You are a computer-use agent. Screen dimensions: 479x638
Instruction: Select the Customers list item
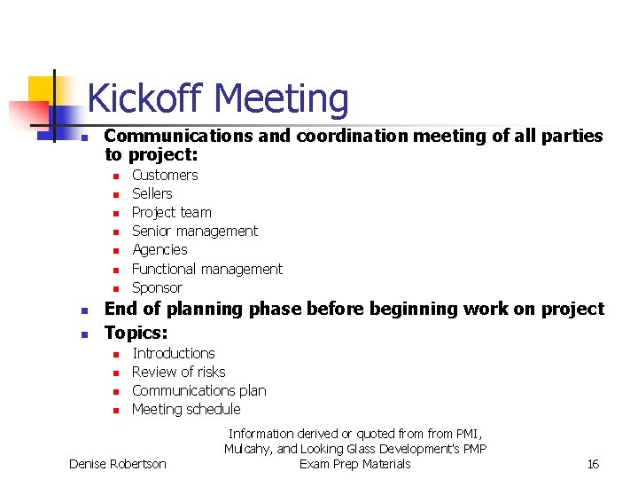point(165,175)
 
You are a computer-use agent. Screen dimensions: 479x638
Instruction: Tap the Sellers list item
point(152,193)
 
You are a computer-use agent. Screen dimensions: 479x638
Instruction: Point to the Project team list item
point(172,212)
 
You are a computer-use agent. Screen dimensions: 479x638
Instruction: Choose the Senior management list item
point(195,231)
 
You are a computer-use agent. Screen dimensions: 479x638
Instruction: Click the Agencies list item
point(159,250)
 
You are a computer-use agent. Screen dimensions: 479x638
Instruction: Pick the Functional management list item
point(207,269)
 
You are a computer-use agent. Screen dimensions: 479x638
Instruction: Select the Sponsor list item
point(157,287)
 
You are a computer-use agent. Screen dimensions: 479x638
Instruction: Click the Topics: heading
point(136,333)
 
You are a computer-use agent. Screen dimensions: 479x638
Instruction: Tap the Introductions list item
point(174,353)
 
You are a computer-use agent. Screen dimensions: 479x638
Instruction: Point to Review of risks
point(179,372)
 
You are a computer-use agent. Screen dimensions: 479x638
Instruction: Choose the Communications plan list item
point(199,390)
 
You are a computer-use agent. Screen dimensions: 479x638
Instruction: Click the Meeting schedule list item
point(186,409)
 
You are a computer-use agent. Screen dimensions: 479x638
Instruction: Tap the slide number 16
point(593,464)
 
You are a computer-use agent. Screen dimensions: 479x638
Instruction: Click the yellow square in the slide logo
point(43,90)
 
